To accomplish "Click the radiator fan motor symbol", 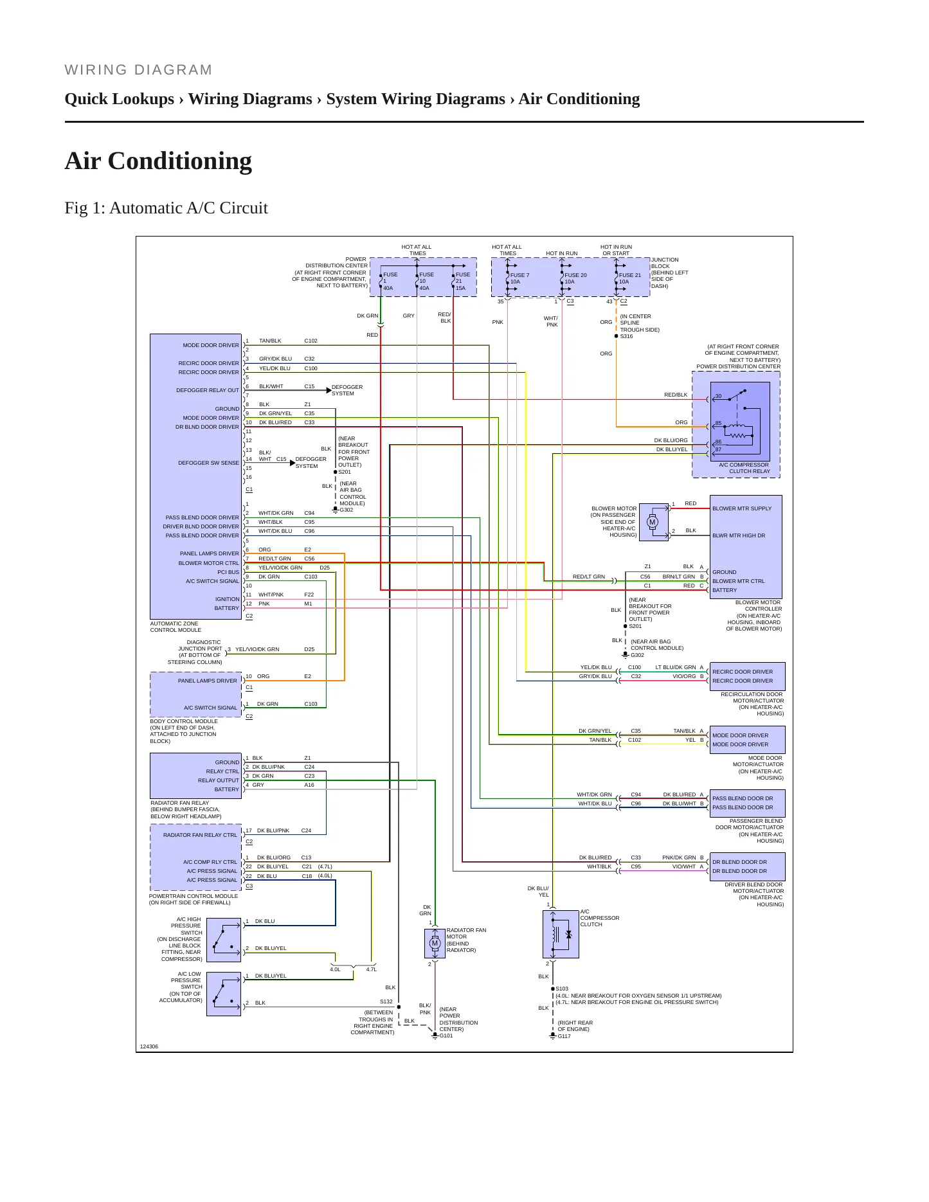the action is [x=435, y=943].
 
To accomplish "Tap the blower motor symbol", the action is [x=653, y=521].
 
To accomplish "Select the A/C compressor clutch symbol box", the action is [x=561, y=934].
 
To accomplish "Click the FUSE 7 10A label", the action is [x=519, y=278].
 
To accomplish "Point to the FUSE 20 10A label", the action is [x=575, y=278].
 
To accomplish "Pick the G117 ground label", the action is [x=564, y=1036].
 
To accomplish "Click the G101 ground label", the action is [x=446, y=1036].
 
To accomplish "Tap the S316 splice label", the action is [x=626, y=336].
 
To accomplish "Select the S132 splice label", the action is [x=386, y=1001].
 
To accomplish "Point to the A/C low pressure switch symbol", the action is [x=224, y=994].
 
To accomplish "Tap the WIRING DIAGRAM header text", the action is [x=138, y=69].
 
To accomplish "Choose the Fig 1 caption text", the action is [x=166, y=208].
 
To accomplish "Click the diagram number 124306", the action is [x=149, y=1046].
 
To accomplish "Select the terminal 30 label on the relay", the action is [x=718, y=396].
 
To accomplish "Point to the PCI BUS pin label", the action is [x=228, y=572].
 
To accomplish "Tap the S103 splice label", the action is [x=562, y=989].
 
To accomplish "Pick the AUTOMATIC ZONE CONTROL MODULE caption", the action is [x=176, y=627].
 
